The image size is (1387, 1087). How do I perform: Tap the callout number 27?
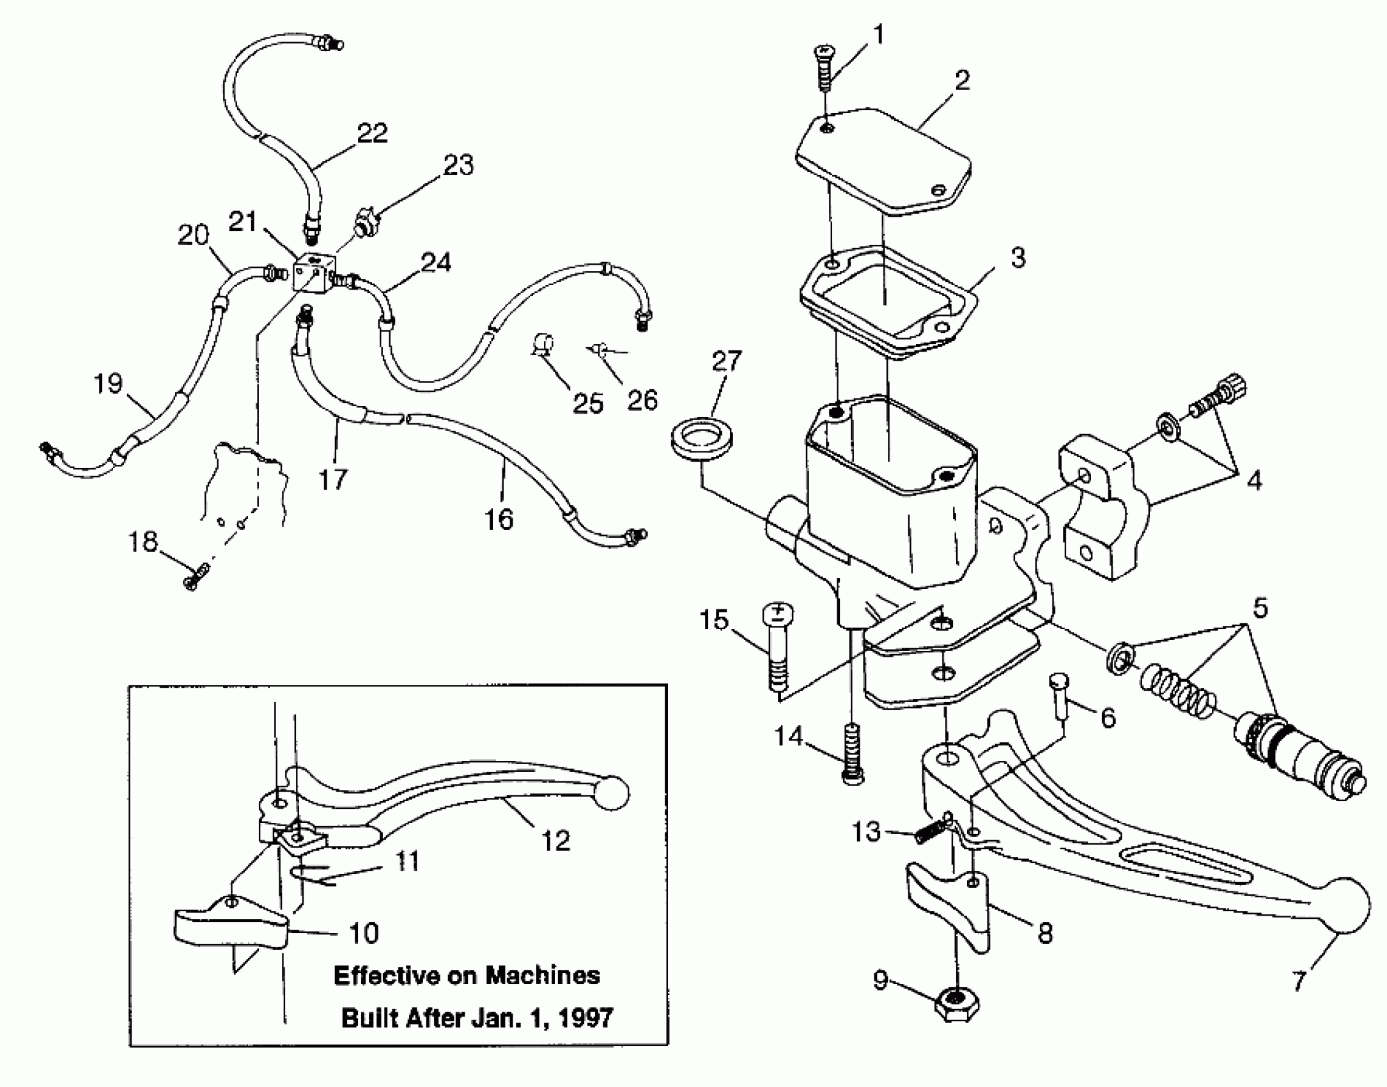[x=726, y=362]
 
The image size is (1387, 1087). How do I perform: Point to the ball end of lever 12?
[x=608, y=794]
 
